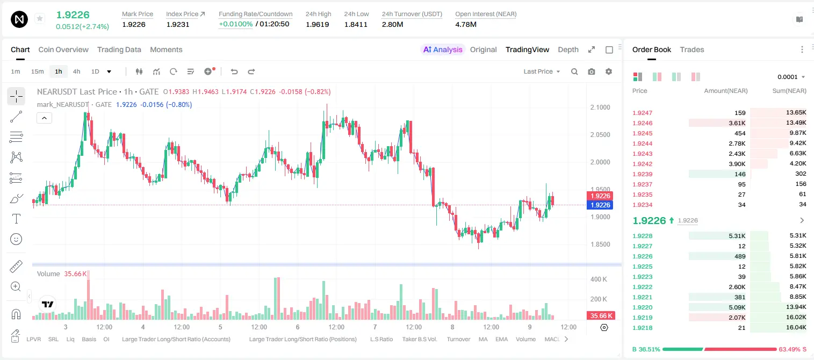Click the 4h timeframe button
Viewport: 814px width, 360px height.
(x=76, y=71)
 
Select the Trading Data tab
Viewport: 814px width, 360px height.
(x=119, y=49)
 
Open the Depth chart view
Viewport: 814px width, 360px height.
(x=568, y=49)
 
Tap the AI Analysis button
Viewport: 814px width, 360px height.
(x=443, y=49)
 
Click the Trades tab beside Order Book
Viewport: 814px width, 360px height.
(x=692, y=49)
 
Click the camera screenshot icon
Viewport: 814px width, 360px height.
(x=592, y=71)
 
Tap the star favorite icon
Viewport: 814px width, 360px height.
(x=40, y=19)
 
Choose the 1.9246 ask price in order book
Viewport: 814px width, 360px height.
(x=642, y=123)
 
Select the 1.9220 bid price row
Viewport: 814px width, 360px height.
(x=642, y=307)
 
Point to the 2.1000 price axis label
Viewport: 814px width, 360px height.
(x=600, y=107)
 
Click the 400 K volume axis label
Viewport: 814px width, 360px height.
(x=599, y=279)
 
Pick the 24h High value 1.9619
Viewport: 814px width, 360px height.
(x=317, y=24)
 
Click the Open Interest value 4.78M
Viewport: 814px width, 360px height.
(x=465, y=24)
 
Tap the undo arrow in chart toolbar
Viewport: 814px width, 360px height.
(x=234, y=71)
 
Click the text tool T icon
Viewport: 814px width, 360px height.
(x=16, y=219)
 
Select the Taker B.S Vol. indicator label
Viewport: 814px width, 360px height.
(x=419, y=339)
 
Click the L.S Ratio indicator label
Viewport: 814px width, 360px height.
(x=381, y=339)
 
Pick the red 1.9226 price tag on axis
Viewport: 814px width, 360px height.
(x=600, y=196)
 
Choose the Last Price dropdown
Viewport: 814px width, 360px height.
(x=542, y=71)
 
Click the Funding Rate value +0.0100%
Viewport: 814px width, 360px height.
(x=235, y=24)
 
